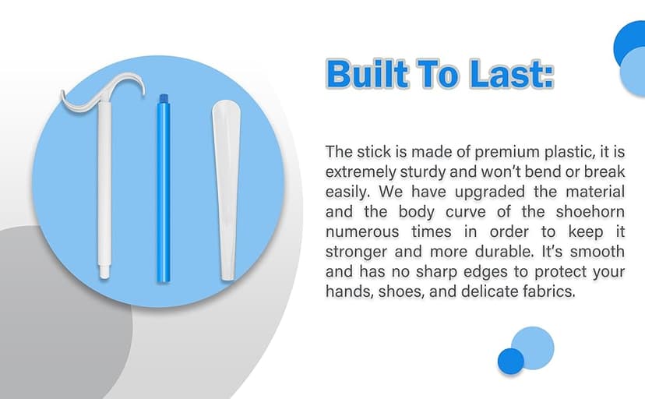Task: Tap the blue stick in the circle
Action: pos(163,195)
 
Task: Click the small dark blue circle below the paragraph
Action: pos(511,360)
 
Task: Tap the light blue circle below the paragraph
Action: pos(533,345)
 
